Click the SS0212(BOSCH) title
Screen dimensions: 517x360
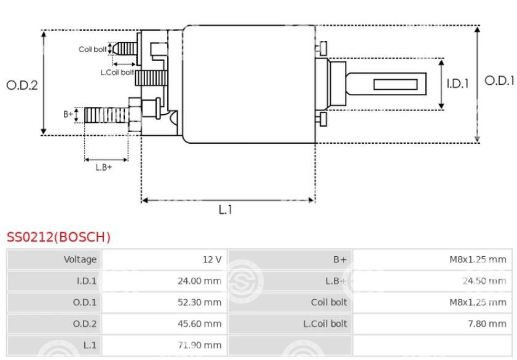coord(58,237)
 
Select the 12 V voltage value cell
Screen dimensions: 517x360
coord(165,259)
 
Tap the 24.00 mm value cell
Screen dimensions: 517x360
coord(165,281)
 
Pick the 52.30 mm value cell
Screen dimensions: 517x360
coord(165,302)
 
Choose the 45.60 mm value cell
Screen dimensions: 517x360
coord(165,324)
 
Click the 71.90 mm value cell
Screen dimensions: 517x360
coord(165,345)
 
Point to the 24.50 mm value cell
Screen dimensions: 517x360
coord(432,281)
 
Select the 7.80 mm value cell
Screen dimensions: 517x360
coord(432,324)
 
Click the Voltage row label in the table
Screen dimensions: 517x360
coord(80,259)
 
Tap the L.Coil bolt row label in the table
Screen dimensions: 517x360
coord(325,324)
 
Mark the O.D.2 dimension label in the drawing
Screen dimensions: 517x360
coord(22,85)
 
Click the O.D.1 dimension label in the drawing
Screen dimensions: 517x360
coord(499,80)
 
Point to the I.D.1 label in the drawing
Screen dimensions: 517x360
coord(457,84)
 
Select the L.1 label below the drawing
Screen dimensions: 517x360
coord(226,209)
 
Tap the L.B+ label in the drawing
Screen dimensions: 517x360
coord(103,167)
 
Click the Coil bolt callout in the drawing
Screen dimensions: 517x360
coord(93,49)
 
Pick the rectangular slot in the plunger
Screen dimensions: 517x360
coord(395,84)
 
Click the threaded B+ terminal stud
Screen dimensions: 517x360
coord(106,115)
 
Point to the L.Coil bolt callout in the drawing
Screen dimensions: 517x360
coord(117,72)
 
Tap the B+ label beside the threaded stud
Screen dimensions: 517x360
coord(68,114)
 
